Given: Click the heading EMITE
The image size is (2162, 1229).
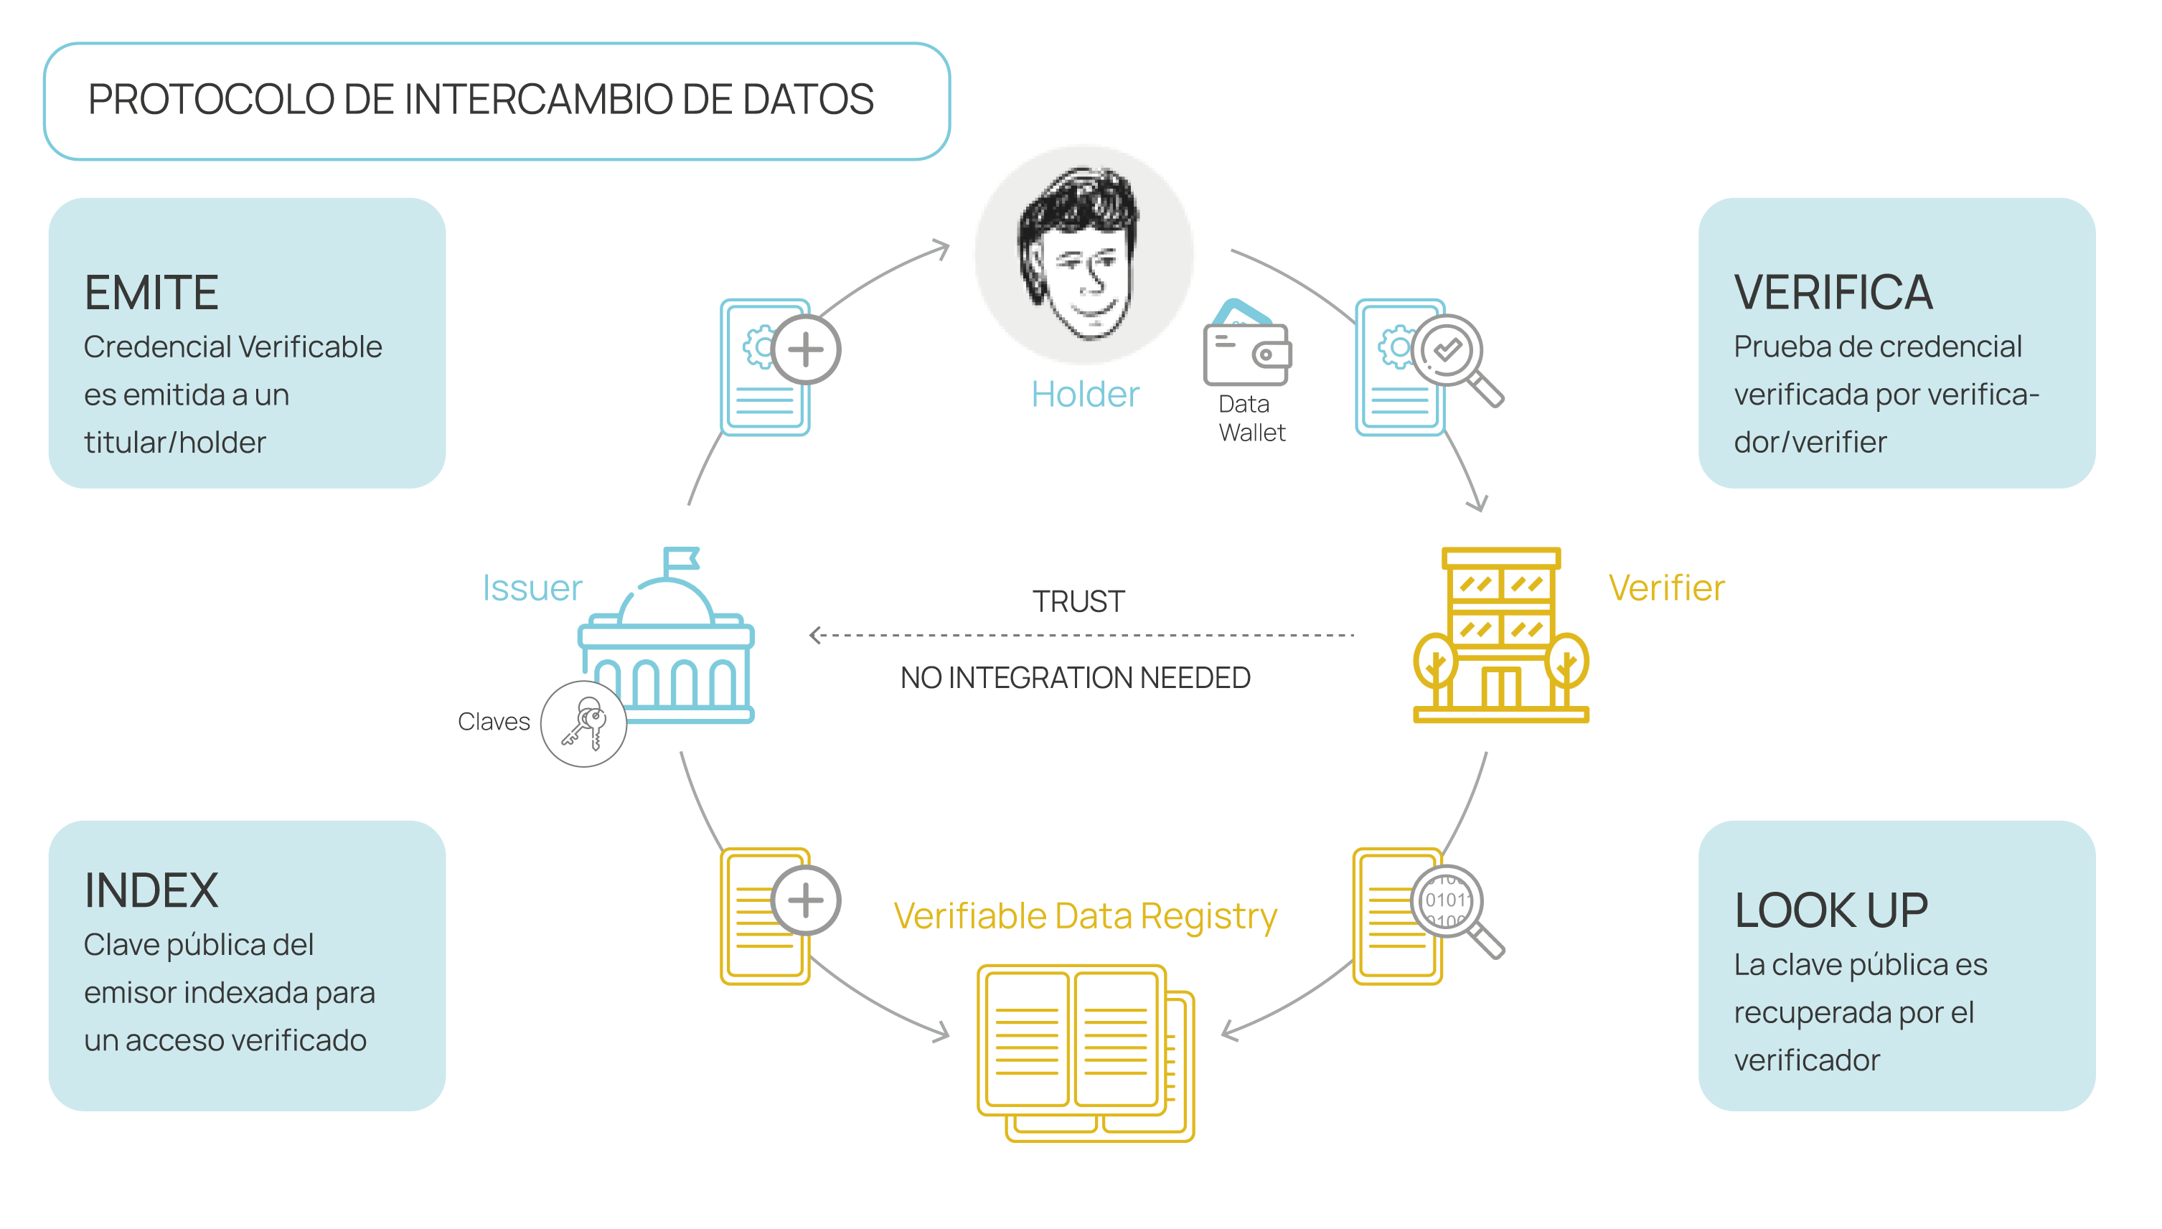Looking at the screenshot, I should point(151,293).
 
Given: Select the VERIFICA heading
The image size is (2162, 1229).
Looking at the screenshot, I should point(1833,293).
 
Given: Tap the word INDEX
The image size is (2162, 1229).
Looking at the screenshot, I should point(151,890).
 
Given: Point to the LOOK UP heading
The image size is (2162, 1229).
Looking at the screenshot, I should point(1831,910).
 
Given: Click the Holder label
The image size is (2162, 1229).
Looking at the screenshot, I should point(1085,394).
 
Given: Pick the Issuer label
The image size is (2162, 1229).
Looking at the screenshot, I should point(532,588).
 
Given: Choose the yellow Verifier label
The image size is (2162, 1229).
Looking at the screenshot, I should point(1666,588).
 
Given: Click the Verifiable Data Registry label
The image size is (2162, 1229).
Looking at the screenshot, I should point(1085,916).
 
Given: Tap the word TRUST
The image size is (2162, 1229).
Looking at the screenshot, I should point(1078,601).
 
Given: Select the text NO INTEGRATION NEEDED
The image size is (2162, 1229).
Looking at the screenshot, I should point(1075,678).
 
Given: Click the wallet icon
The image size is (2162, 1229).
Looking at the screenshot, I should point(1247,347).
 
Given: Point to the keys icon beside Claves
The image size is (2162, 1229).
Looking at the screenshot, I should point(583,724).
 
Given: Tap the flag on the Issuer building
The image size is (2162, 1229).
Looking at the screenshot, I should point(680,560).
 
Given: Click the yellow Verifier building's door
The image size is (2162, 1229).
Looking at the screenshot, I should point(1500,688).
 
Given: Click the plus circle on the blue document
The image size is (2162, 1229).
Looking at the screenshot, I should point(805,349).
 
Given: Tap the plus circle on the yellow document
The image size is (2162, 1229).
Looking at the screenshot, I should point(805,900).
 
